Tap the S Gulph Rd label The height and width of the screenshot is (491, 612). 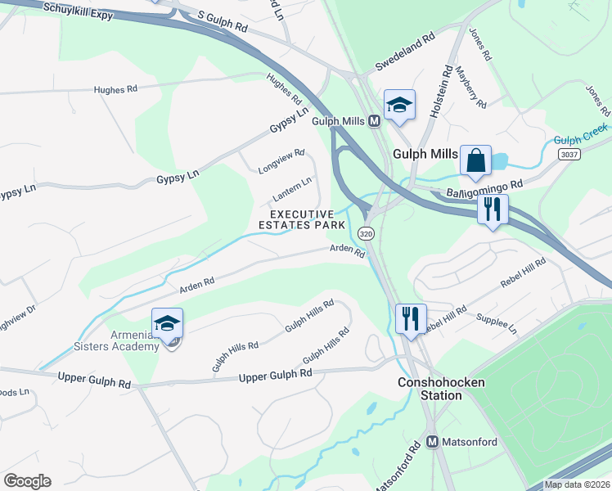click(223, 21)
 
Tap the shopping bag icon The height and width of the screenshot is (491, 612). click(475, 160)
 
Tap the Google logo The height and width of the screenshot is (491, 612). click(27, 481)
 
